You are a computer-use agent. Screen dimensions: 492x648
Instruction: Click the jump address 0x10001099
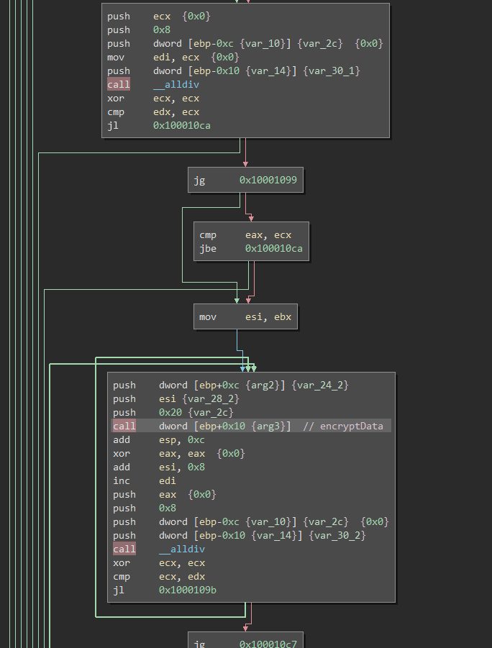tap(268, 180)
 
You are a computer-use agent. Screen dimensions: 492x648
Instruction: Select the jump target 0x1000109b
tap(188, 590)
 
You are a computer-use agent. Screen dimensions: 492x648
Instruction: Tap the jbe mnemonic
tap(208, 248)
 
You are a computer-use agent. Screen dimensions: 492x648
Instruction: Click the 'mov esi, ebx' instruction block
tap(245, 316)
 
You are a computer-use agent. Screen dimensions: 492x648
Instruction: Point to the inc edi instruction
tap(145, 480)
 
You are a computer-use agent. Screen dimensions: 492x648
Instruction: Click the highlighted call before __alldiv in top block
tap(119, 84)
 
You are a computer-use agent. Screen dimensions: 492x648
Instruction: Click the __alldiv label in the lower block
tap(182, 549)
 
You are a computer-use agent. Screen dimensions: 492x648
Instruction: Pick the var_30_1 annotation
tap(332, 70)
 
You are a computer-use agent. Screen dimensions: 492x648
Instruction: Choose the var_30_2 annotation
tap(337, 535)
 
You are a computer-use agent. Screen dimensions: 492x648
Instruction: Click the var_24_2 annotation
tap(320, 385)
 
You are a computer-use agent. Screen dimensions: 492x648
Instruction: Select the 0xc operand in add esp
tap(196, 439)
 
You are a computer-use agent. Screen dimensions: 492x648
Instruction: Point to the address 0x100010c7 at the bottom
tap(268, 644)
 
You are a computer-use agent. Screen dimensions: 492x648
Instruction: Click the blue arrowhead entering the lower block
tap(242, 369)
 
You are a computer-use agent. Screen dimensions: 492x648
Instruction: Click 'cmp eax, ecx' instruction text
tap(245, 234)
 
